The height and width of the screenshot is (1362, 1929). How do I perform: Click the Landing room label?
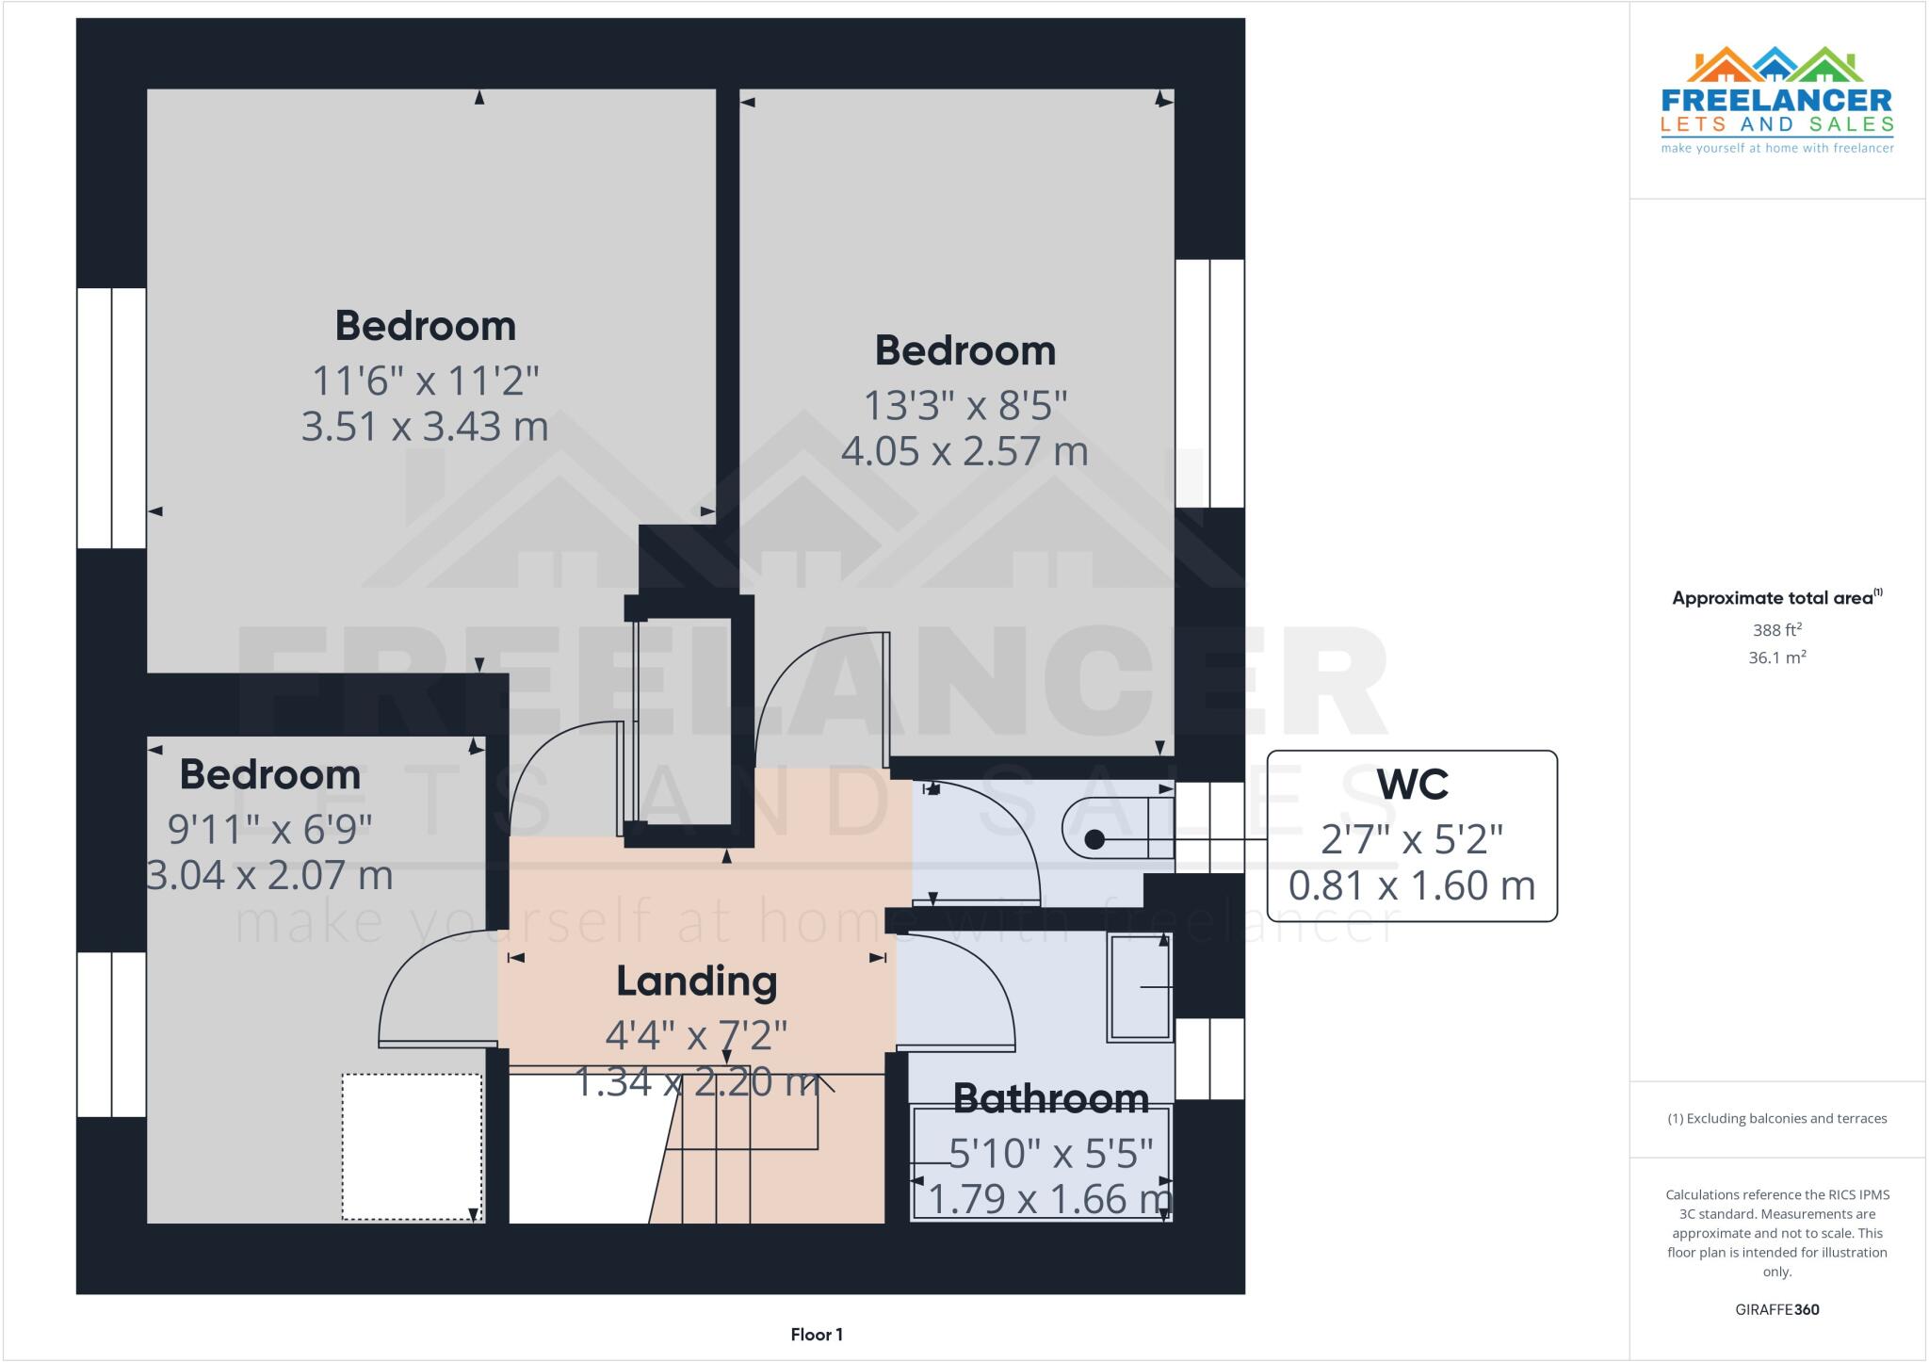click(697, 981)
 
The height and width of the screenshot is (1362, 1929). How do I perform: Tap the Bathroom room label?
click(1050, 1098)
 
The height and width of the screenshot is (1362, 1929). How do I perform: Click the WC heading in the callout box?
click(1412, 784)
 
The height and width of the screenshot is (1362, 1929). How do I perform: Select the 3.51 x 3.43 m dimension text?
click(425, 427)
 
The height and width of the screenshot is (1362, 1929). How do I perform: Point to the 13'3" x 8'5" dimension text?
click(965, 406)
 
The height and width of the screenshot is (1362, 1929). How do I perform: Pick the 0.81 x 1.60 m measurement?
click(1412, 886)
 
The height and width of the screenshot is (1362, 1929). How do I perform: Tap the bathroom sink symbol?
click(1141, 987)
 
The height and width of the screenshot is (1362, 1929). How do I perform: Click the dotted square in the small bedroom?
click(412, 1146)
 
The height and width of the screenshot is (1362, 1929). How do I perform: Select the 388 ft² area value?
click(1776, 630)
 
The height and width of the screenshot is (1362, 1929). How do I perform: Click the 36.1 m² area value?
click(1776, 657)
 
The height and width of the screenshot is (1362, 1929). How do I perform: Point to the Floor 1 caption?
click(817, 1335)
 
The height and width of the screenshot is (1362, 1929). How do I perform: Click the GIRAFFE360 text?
click(1776, 1309)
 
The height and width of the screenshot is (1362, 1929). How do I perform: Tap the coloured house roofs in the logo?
click(1775, 65)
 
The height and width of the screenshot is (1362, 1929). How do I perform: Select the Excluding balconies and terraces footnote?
click(1777, 1119)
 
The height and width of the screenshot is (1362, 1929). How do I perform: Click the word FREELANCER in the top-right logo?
click(1776, 101)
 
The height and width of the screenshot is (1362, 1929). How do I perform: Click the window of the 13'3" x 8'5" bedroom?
click(1210, 383)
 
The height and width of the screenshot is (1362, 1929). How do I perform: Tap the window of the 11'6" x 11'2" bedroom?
click(111, 417)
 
